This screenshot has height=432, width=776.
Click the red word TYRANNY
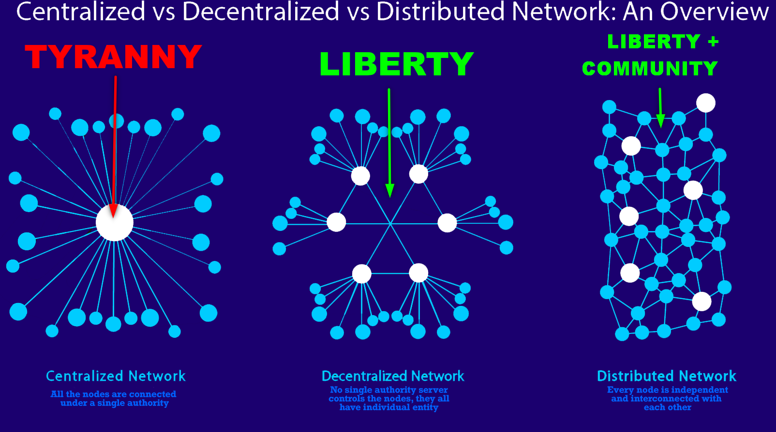pos(113,57)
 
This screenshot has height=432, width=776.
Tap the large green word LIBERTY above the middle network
pos(396,64)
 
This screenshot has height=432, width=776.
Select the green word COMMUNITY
pos(650,69)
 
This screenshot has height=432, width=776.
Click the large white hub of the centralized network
pos(114,223)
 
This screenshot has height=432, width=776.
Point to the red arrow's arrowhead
pos(113,211)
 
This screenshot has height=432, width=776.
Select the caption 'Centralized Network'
pos(116,376)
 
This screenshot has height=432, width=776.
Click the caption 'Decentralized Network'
pos(393,376)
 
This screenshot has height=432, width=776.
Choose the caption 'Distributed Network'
pos(666,376)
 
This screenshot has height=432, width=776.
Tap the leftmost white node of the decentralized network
pos(336,222)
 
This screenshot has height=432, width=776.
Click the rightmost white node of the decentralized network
pos(447,223)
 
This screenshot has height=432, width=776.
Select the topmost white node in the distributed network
pos(706,103)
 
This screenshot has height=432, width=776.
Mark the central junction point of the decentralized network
pos(390,224)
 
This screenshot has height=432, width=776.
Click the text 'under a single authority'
pos(115,403)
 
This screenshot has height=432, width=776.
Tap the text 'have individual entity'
pos(389,407)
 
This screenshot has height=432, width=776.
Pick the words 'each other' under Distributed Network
pos(667,407)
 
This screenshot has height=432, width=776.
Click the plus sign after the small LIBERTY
pos(713,42)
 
